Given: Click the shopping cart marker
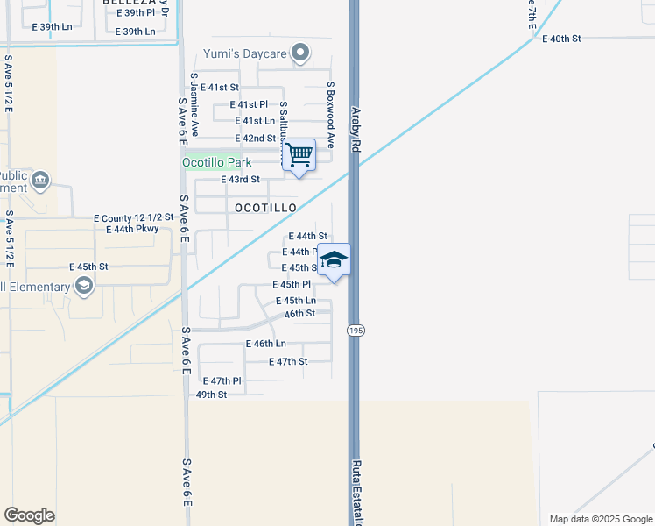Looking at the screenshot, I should tap(299, 155).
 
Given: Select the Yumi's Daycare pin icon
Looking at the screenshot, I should tap(300, 53).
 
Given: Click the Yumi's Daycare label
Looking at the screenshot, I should tap(245, 54).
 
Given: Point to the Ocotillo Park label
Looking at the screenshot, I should tap(216, 162).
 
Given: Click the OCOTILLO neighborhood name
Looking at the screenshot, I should tap(265, 208).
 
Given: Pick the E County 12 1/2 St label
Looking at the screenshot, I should tap(134, 217).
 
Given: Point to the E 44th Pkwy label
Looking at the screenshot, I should tap(132, 229).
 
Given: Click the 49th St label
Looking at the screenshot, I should tap(211, 394).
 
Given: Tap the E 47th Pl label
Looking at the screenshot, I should tap(222, 381).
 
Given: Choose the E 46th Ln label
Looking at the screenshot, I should tap(266, 344).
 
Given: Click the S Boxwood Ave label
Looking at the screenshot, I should tap(331, 115).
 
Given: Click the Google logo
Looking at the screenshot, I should tap(29, 515).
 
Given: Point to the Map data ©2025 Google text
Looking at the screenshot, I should tap(601, 519).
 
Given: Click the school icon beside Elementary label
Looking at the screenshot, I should tap(83, 285).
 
